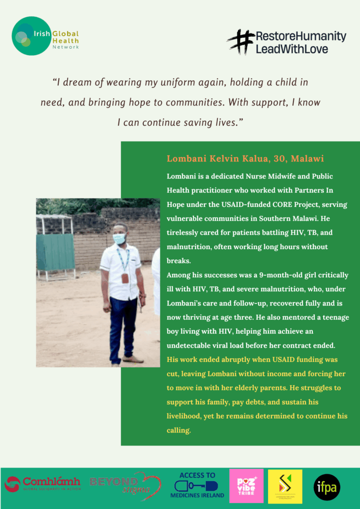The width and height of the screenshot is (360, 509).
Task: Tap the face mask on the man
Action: pyautogui.click(x=119, y=239)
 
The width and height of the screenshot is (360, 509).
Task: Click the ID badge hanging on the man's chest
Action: pyautogui.click(x=125, y=277)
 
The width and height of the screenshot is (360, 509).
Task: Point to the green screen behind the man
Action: pyautogui.click(x=55, y=251)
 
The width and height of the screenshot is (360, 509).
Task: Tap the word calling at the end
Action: pyautogui.click(x=178, y=430)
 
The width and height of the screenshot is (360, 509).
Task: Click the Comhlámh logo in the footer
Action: pyautogui.click(x=42, y=484)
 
